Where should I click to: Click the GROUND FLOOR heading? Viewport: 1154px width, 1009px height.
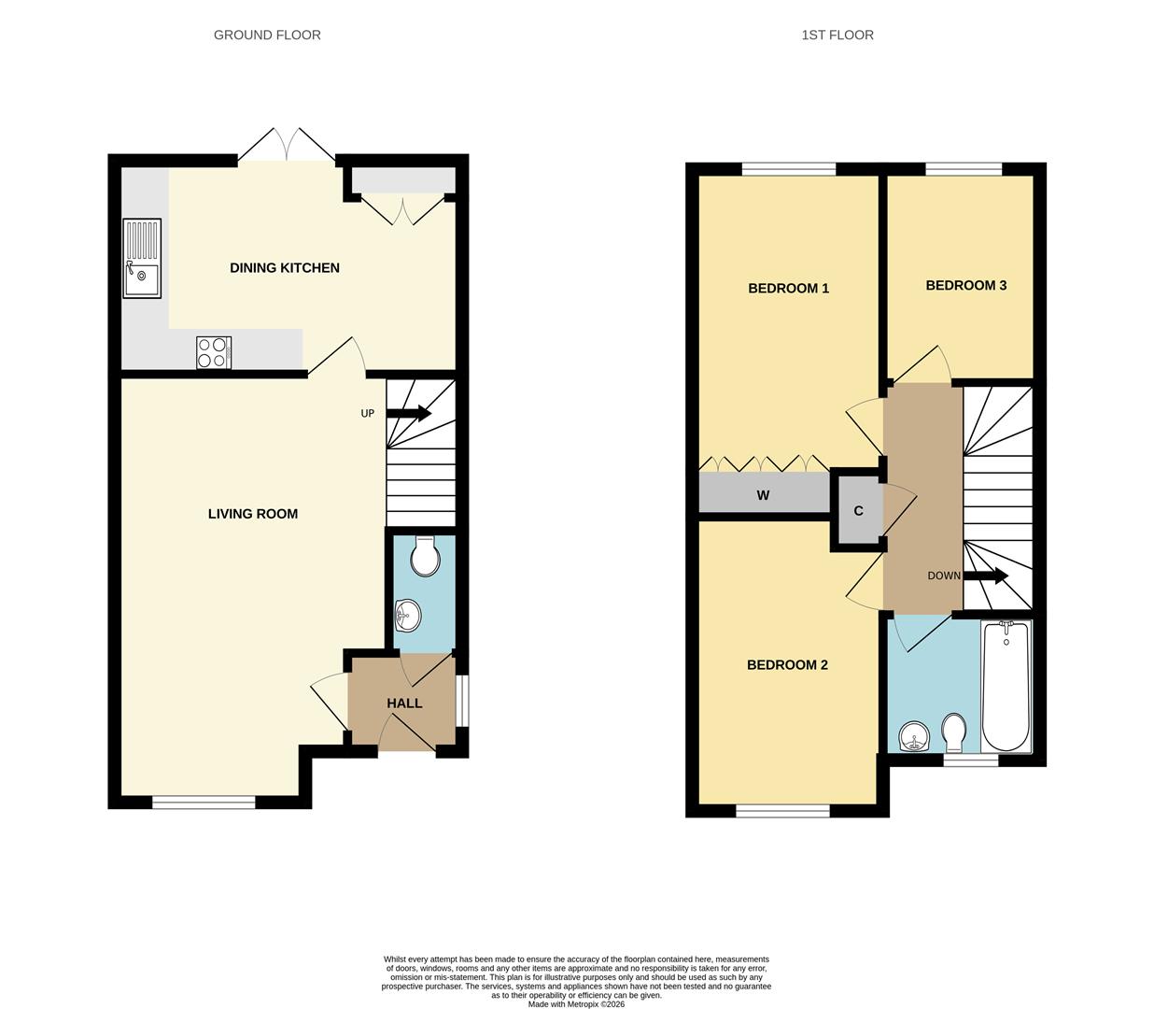pyautogui.click(x=267, y=36)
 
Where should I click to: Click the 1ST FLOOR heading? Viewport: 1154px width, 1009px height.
pyautogui.click(x=837, y=36)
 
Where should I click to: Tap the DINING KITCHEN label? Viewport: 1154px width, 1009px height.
pyautogui.click(x=285, y=268)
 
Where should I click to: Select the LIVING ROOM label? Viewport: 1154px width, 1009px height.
pyautogui.click(x=253, y=514)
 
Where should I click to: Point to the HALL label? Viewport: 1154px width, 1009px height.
pyautogui.click(x=404, y=703)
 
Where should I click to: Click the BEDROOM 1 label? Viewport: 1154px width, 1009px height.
pyautogui.click(x=789, y=289)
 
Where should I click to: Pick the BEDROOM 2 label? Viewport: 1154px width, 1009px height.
pyautogui.click(x=787, y=665)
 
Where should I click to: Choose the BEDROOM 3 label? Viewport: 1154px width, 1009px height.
pyautogui.click(x=965, y=286)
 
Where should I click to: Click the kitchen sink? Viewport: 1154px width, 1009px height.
pyautogui.click(x=142, y=259)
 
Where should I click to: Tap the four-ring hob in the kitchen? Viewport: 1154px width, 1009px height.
pyautogui.click(x=214, y=352)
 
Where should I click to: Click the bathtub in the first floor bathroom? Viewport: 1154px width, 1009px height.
pyautogui.click(x=1006, y=686)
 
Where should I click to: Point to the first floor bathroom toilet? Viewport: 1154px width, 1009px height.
pyautogui.click(x=954, y=733)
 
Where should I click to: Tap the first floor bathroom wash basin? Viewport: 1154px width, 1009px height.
pyautogui.click(x=914, y=739)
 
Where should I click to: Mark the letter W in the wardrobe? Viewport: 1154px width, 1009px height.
pyautogui.click(x=763, y=496)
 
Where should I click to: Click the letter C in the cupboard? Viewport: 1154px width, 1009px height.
pyautogui.click(x=858, y=511)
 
